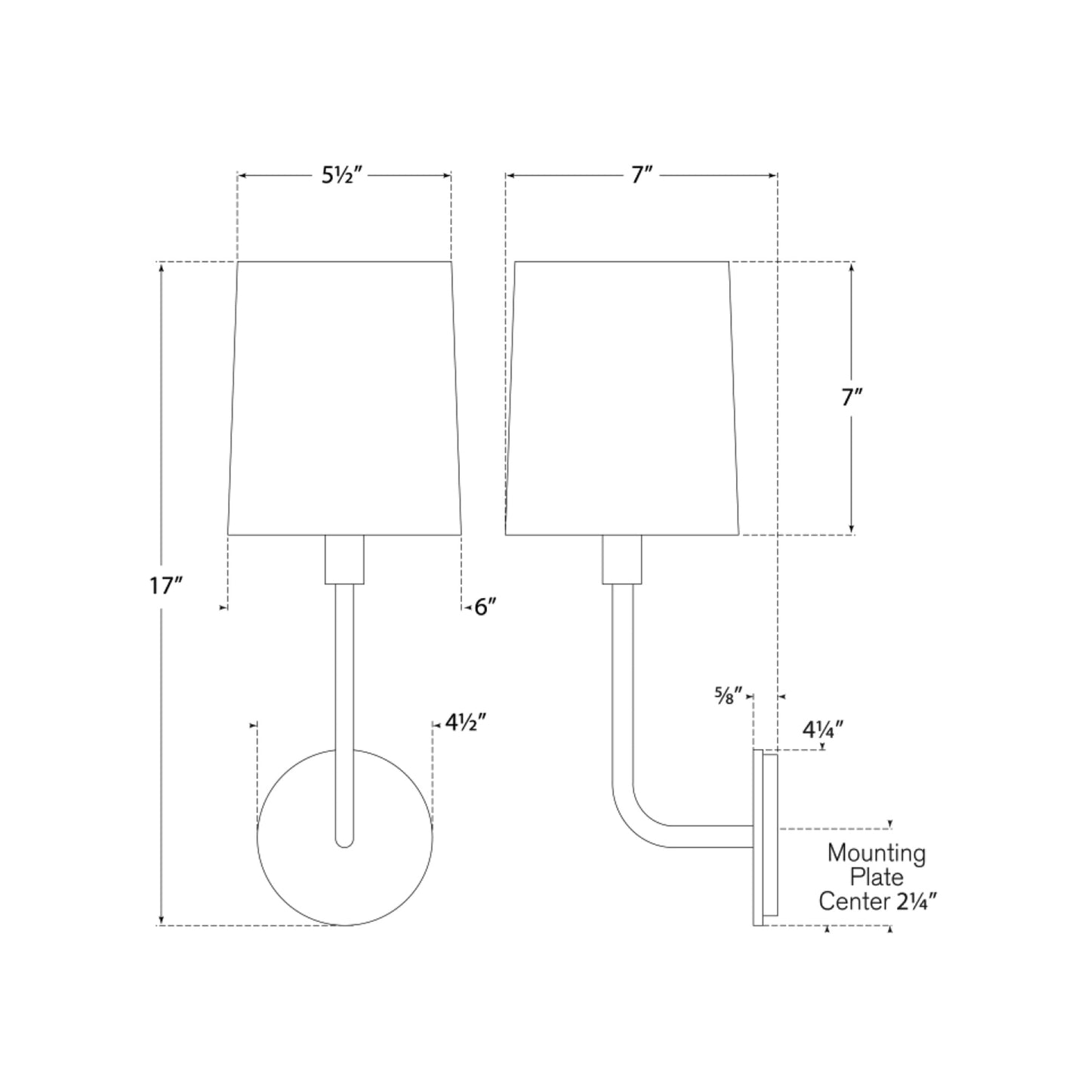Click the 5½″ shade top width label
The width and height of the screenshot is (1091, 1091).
click(344, 176)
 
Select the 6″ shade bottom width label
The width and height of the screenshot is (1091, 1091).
click(485, 606)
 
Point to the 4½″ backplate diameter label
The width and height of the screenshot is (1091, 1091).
click(464, 723)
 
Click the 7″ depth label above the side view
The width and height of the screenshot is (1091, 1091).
click(641, 176)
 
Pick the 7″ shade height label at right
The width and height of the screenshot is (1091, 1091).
click(852, 398)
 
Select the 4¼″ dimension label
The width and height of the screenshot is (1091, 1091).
click(822, 729)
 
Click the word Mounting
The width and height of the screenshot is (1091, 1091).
click(876, 853)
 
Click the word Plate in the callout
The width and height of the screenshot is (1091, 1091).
click(876, 877)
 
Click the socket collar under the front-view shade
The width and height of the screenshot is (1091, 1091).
click(344, 559)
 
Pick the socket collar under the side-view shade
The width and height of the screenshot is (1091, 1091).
click(621, 559)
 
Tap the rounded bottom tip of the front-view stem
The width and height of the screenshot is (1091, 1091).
click(344, 840)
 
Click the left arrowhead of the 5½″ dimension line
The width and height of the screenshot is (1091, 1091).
click(242, 176)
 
